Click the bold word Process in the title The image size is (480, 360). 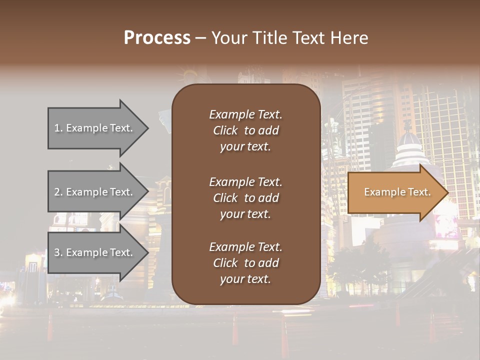coord(157,38)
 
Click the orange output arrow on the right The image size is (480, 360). coord(395,192)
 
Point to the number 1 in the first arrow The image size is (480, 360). coord(57,128)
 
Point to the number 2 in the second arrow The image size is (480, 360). coord(57,192)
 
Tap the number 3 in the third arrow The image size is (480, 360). coord(57,252)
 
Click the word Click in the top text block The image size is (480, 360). coord(225,130)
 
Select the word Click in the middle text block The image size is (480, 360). coord(225,198)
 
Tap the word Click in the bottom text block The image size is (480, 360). coord(225,263)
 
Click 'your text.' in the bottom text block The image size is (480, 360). coord(245,279)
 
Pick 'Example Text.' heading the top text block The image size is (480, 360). coord(245,114)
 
